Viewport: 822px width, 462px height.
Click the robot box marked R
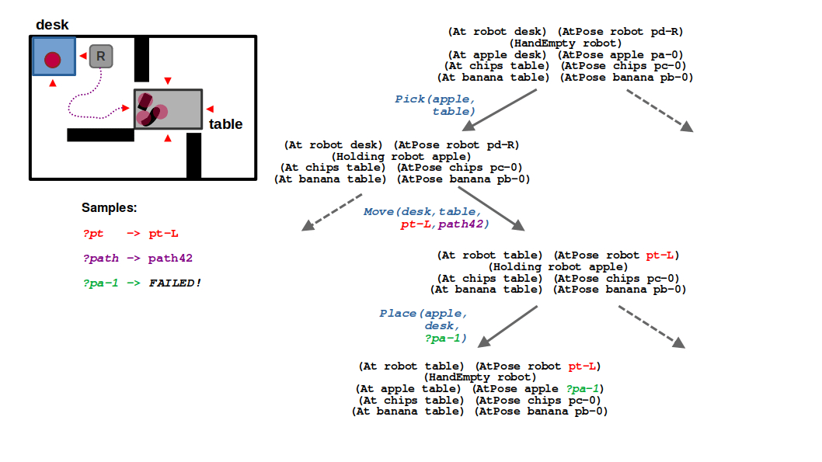101,57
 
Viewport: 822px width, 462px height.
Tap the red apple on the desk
52,60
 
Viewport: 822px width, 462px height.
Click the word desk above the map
52,25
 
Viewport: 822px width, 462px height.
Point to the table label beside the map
225,124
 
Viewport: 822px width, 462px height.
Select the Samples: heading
109,207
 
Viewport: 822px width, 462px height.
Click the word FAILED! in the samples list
175,283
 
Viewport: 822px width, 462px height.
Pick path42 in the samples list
170,259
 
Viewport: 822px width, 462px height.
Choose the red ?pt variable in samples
93,234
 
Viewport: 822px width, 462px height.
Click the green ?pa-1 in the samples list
101,283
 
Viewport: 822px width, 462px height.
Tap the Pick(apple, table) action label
435,105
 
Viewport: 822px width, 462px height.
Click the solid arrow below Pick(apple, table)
500,109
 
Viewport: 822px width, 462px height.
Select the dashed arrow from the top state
660,110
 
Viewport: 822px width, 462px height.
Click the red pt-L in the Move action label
415,224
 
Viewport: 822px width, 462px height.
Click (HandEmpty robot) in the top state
565,43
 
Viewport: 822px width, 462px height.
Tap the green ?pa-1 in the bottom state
583,389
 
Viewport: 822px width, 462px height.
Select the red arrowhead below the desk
52,83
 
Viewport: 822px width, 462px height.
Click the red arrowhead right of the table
210,109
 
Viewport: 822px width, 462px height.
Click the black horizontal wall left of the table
101,134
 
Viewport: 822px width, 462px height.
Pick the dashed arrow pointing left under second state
332,212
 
